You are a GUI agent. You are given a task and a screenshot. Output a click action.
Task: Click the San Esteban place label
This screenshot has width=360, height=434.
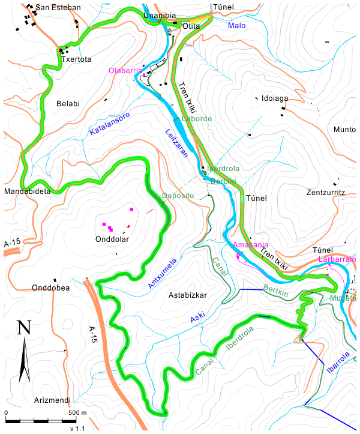coord(58,8)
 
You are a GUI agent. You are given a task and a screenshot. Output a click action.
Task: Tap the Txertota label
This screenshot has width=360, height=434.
coord(76,59)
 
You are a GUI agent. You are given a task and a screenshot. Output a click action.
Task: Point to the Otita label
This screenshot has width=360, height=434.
coord(191,26)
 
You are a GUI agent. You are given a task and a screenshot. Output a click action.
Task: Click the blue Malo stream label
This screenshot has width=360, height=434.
coord(237,26)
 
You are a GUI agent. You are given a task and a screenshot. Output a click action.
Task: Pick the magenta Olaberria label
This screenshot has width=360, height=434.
coord(124,71)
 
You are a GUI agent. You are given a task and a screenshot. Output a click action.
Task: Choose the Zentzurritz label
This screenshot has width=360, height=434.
coord(326,193)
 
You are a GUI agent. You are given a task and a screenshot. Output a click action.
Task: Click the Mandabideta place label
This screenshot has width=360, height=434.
coord(29,191)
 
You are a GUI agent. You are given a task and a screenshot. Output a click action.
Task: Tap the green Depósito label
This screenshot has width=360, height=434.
coord(178,196)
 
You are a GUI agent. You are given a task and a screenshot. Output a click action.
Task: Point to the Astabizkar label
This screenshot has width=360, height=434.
coord(188,295)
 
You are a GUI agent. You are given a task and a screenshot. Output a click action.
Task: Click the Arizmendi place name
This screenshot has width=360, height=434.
coord(53,400)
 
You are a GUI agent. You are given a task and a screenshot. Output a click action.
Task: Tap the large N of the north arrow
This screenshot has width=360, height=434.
coord(24,328)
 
